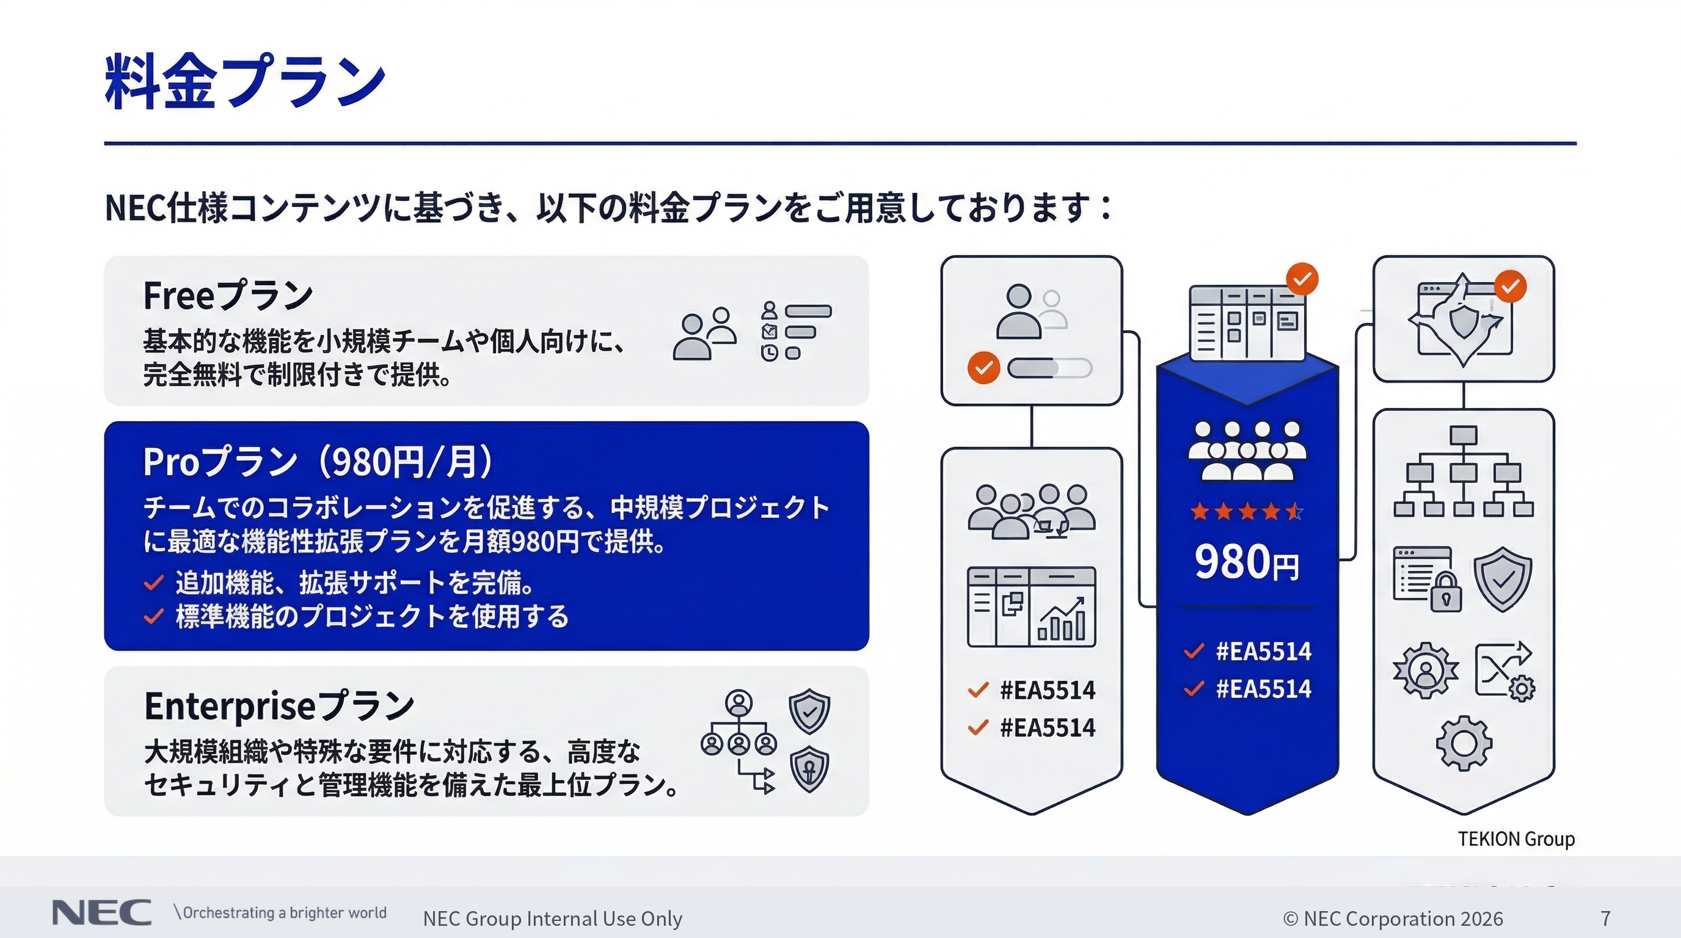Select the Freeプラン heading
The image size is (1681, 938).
228,296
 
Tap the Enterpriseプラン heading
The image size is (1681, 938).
279,706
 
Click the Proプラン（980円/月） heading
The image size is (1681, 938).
318,462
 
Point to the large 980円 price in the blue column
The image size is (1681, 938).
1246,562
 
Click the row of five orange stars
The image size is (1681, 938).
1246,511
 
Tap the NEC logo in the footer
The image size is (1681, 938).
102,912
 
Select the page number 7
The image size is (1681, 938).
1606,918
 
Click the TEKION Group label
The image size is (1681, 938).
1517,839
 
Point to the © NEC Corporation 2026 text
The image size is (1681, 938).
1393,918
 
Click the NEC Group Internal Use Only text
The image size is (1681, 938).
553,918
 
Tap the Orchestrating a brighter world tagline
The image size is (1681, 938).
280,912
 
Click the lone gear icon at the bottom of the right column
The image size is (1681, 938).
1464,744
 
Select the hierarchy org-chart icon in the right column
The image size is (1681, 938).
1464,471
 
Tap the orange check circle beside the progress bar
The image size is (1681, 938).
983,368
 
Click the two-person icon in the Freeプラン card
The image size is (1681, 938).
705,333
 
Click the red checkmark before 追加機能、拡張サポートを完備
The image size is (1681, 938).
153,583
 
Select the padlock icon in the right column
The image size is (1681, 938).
1446,591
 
